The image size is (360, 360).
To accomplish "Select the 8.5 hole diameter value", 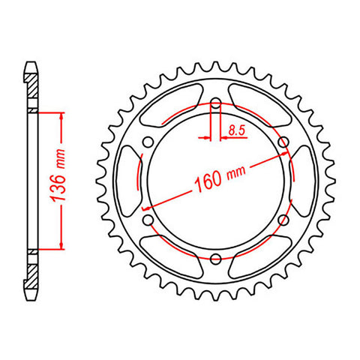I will click(x=236, y=130).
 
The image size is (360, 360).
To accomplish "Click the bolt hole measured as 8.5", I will click(x=215, y=103).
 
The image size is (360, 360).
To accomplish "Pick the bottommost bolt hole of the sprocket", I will click(x=215, y=259).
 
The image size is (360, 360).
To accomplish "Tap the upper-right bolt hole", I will click(x=283, y=142).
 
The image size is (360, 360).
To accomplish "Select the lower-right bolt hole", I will click(x=283, y=220).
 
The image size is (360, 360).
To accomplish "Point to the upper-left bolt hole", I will click(x=148, y=142).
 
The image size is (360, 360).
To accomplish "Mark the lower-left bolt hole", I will click(x=148, y=220).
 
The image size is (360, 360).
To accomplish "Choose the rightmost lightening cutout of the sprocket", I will click(x=300, y=181).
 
